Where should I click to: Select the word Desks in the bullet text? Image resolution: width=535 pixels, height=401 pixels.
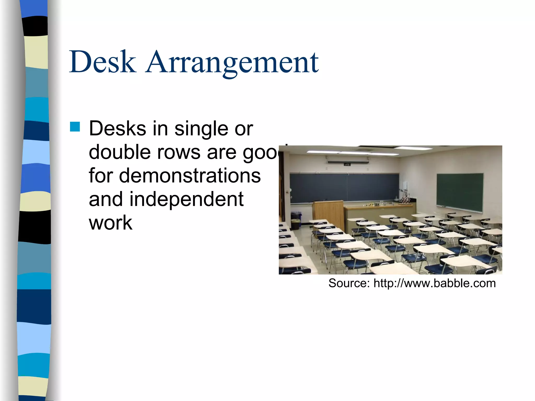(118, 129)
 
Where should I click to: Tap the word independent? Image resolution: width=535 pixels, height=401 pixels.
(186, 199)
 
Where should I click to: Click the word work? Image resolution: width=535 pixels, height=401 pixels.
(111, 223)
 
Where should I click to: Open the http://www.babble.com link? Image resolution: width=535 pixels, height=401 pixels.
(434, 283)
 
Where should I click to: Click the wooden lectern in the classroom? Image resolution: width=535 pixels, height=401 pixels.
(328, 213)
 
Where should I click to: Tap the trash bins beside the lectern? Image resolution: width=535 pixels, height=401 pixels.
(296, 220)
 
